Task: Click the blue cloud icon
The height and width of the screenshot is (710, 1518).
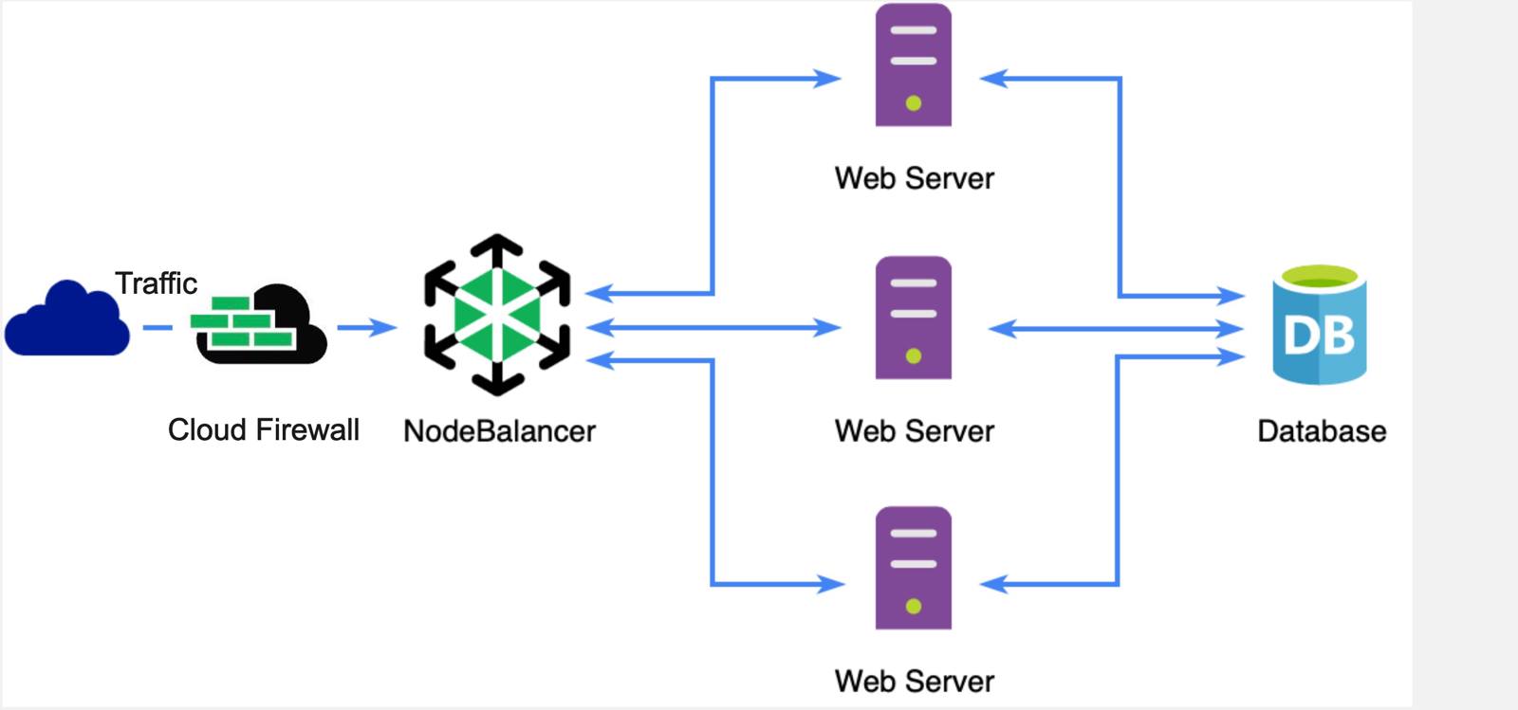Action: point(66,320)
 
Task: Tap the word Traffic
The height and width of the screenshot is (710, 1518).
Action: point(156,283)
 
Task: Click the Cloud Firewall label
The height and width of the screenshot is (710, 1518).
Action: point(263,429)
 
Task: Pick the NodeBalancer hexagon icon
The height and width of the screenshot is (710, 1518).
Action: point(497,315)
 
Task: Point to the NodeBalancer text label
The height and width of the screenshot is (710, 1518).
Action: point(499,431)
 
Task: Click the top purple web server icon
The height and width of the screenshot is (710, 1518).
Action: point(913,64)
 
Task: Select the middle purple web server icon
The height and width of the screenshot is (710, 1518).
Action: point(913,318)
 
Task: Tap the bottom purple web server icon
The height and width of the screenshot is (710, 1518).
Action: point(913,568)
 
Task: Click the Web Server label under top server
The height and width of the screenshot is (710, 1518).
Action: point(914,178)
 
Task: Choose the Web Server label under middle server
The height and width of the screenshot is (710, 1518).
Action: point(914,431)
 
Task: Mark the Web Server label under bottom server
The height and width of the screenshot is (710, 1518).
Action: point(914,681)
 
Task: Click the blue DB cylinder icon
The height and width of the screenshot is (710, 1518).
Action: point(1319,325)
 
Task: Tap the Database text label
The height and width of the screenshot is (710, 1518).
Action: point(1321,431)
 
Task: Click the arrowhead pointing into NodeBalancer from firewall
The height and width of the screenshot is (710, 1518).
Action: point(384,328)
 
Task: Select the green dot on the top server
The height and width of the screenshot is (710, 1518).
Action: point(914,103)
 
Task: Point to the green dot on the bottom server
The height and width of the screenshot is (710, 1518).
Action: point(914,606)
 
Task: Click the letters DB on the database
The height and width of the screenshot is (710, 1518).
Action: point(1319,335)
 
